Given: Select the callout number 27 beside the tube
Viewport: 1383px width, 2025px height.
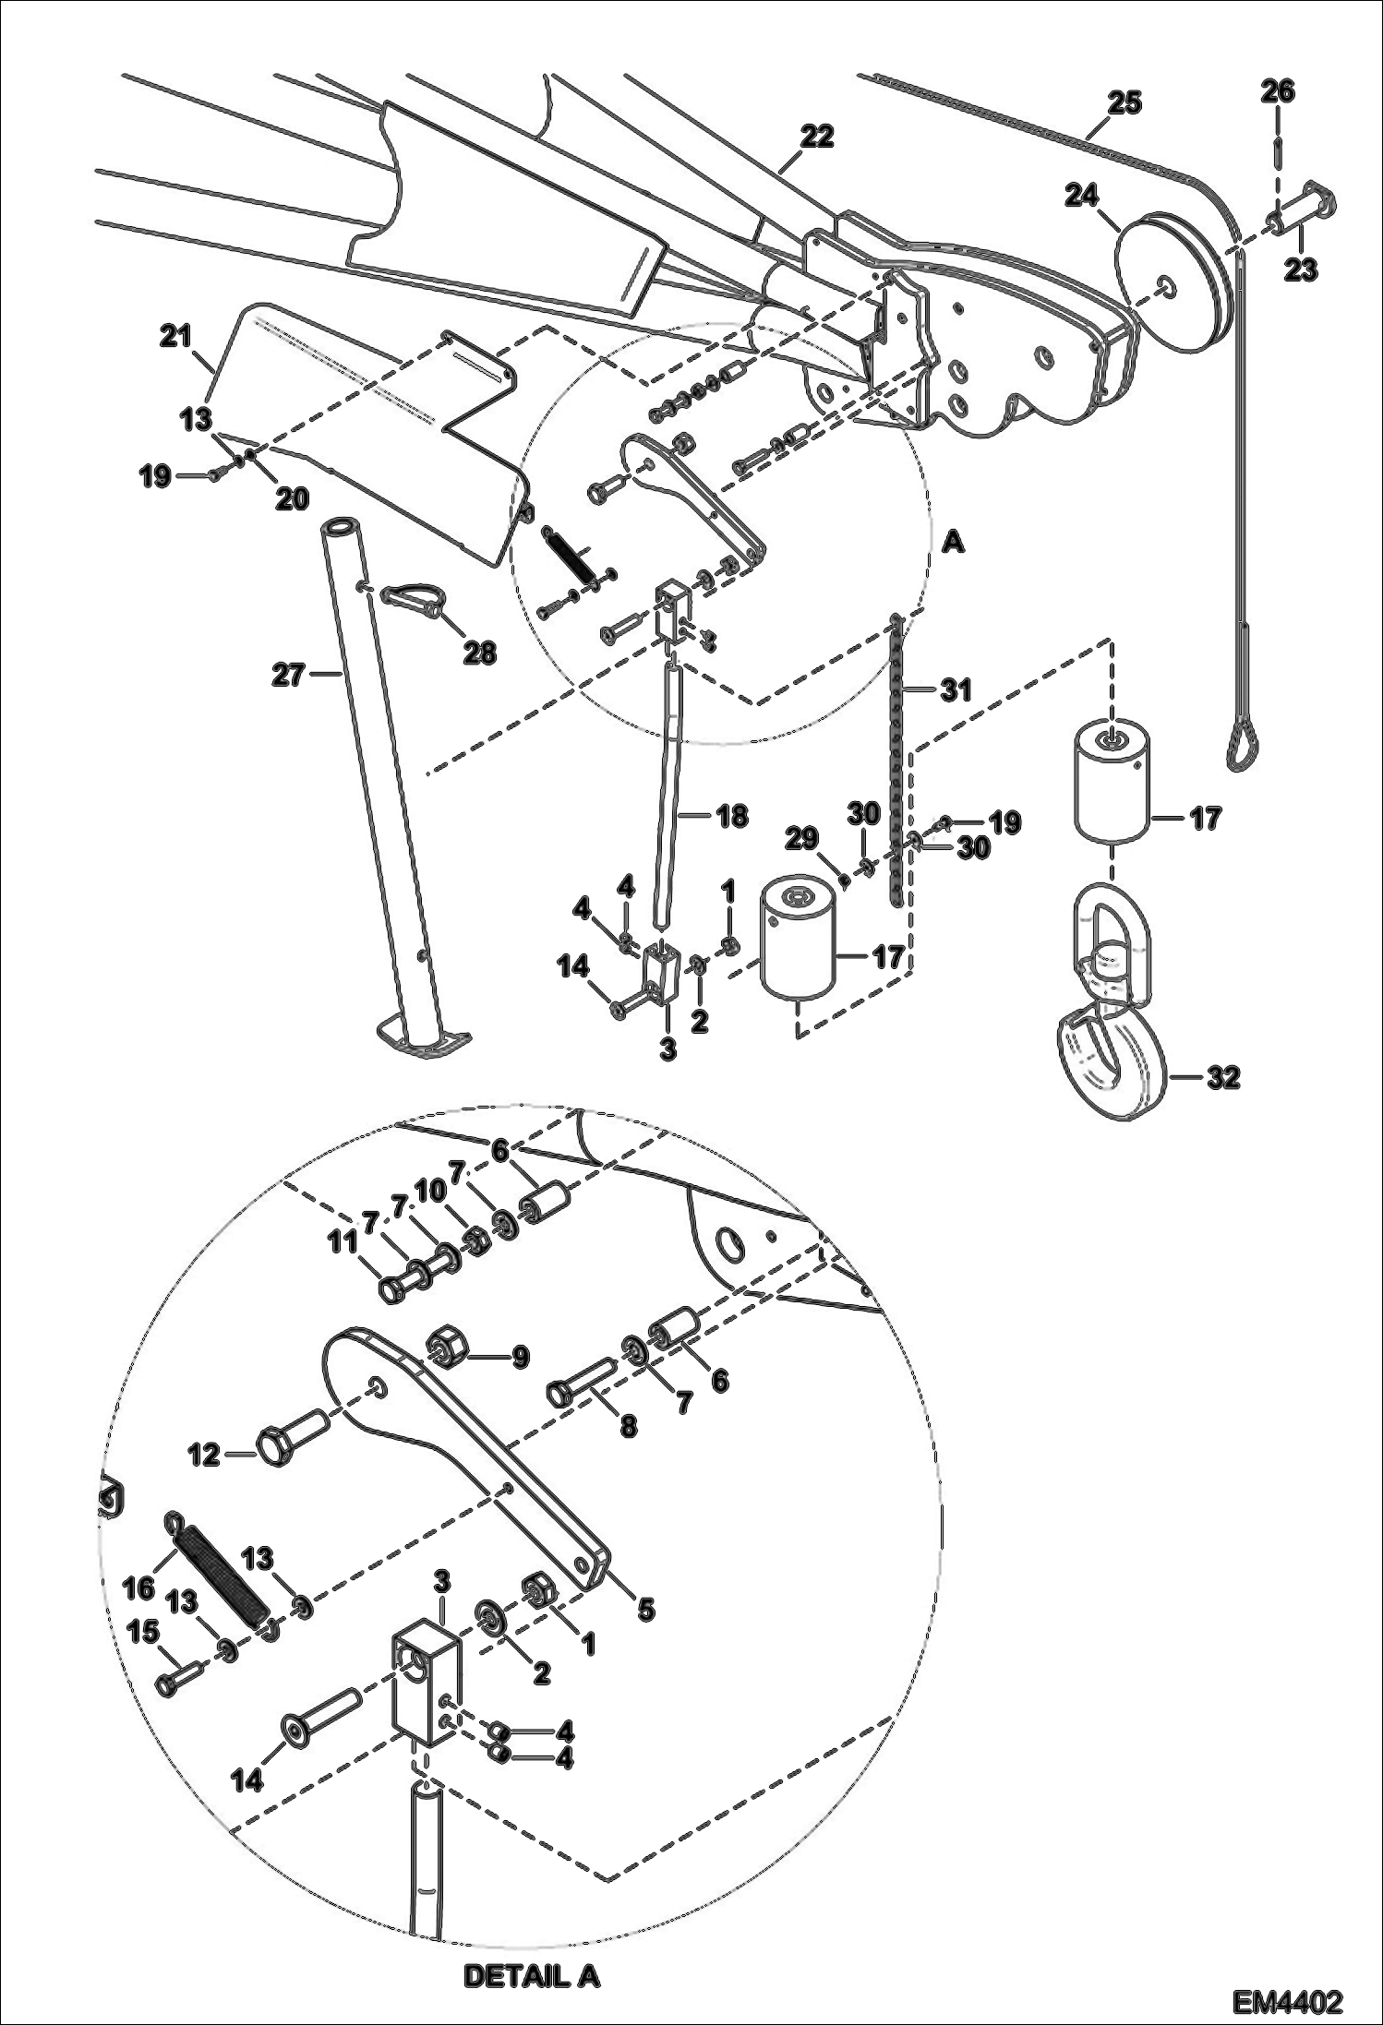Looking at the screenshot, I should point(288,676).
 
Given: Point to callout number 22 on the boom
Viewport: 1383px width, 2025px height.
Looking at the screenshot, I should point(817,137).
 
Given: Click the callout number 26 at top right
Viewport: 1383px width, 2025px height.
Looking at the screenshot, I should point(1278,90).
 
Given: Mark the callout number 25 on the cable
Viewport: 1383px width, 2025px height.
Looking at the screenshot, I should point(1124,102).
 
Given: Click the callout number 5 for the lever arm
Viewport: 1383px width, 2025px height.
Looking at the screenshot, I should point(645,1608).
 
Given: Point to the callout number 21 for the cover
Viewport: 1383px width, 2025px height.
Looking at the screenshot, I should point(174,337).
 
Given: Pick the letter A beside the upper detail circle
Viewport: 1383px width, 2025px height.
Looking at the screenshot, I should point(954,544).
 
